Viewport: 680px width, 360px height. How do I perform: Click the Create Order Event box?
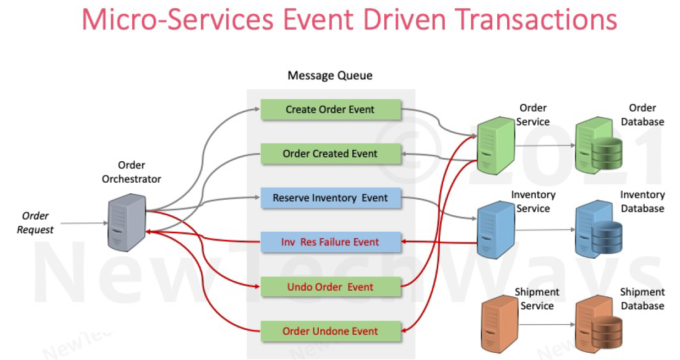330,110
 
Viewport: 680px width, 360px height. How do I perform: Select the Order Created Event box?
330,154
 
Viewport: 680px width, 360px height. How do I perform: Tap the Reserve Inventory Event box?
330,198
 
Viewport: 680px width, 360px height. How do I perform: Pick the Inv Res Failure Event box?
330,242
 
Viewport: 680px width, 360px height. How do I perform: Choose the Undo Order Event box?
330,287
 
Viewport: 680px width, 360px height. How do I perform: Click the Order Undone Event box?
330,331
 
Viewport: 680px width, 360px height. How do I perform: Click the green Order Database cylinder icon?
607,153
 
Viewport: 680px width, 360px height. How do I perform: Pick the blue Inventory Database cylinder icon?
607,237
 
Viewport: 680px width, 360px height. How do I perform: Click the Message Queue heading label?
330,75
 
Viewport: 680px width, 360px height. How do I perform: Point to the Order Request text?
35,222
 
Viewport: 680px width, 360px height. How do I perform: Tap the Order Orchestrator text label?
132,172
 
